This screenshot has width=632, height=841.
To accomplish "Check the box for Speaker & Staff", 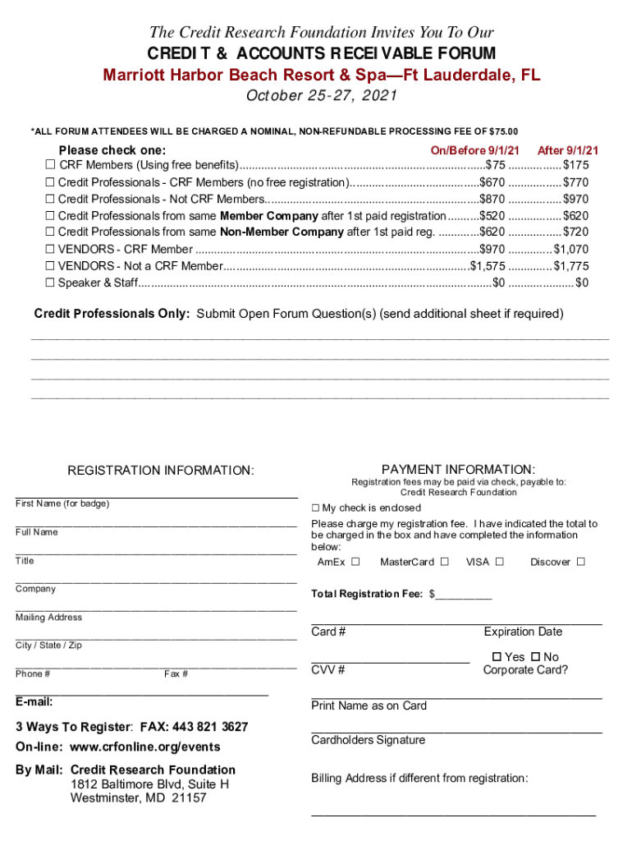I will click(50, 283).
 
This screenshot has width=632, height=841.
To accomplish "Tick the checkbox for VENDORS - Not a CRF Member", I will click(50, 266).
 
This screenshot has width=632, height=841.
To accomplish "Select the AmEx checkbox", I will click(355, 563).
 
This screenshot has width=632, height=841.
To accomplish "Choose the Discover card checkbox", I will click(580, 563).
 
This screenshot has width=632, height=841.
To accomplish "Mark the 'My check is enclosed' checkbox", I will click(316, 508).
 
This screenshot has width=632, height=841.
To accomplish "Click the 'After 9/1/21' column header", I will click(567, 150).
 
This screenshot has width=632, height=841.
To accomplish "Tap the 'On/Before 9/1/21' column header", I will click(475, 150).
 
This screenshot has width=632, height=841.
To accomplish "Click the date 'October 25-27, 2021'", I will click(322, 96).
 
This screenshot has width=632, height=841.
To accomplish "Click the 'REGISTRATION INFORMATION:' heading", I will click(161, 471).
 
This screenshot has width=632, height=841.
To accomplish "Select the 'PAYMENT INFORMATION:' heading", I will click(458, 469).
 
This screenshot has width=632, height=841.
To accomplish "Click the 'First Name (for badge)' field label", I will click(62, 503).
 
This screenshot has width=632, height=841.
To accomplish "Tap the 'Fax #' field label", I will click(176, 674).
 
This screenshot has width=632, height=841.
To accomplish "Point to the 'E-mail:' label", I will click(34, 702).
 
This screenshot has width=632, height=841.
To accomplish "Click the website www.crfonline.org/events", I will click(144, 747).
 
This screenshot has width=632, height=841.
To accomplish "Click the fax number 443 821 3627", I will click(207, 728).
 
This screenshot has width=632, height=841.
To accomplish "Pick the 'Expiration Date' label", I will click(523, 632).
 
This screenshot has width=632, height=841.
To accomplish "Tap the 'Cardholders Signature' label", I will click(368, 740).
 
